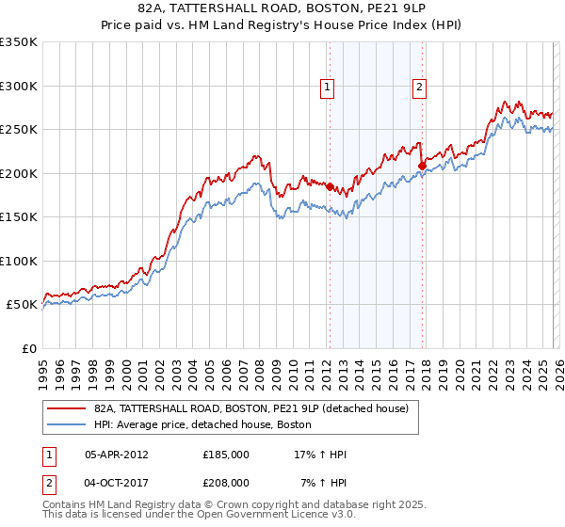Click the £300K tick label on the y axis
click(19, 86)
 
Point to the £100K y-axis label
click(19, 261)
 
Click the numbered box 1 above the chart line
click(327, 88)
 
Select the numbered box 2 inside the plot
click(418, 88)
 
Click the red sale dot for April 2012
click(330, 186)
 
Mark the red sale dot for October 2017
click(422, 167)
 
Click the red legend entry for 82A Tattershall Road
click(250, 408)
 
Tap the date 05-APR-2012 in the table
click(116, 454)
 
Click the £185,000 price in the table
click(225, 454)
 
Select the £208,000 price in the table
click(225, 482)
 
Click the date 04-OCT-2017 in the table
click(116, 482)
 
